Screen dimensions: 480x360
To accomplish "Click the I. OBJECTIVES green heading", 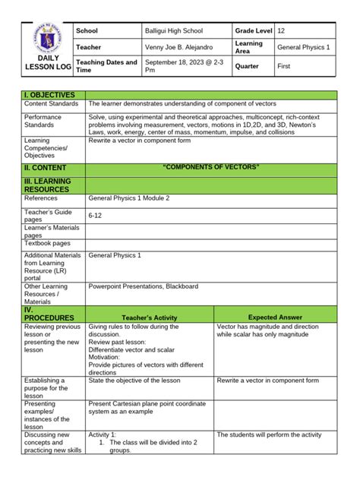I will tap(50, 95).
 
